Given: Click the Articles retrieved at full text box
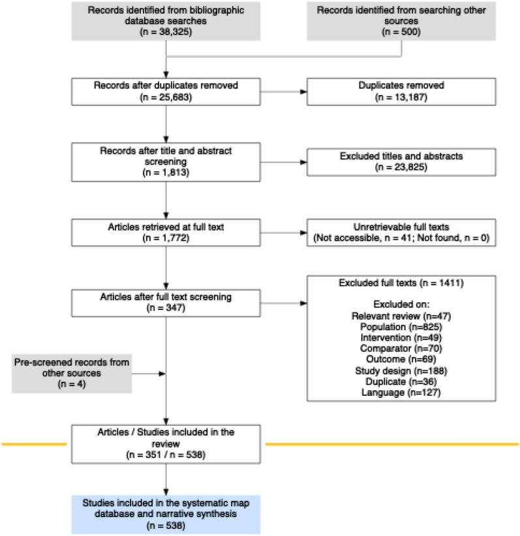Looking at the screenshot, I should tap(167, 231).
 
